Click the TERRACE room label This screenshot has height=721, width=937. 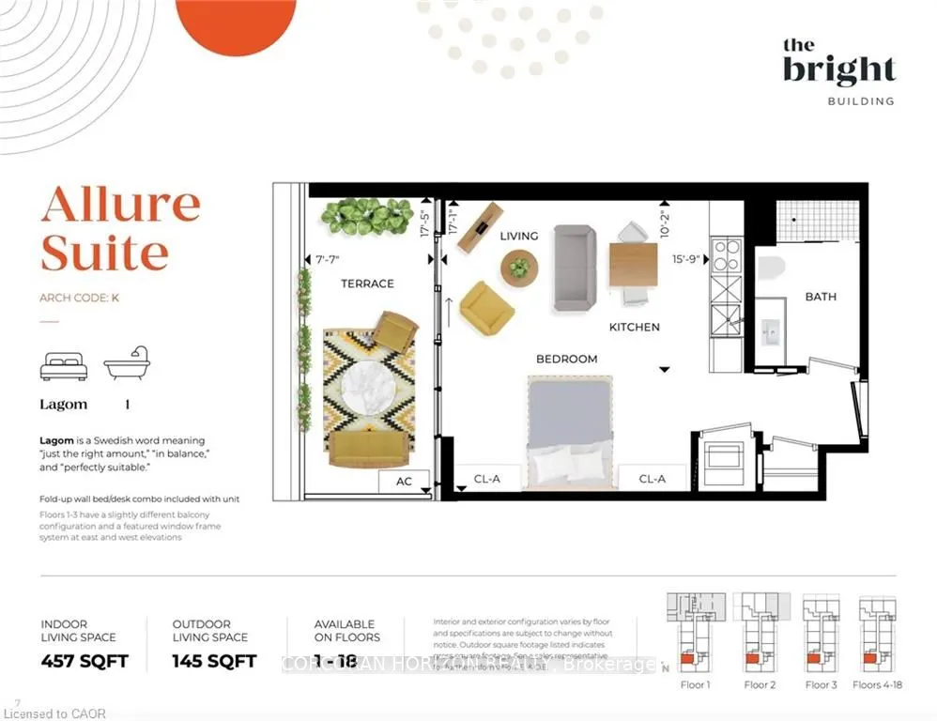367,284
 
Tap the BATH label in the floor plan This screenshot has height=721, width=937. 820,297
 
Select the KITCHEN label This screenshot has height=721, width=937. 635,328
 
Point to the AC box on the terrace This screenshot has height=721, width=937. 404,482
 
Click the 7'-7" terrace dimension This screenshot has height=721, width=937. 328,260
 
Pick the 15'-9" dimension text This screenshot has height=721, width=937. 687,259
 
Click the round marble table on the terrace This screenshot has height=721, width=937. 368,393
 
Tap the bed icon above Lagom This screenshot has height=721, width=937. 64,366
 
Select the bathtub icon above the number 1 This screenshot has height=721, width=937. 127,364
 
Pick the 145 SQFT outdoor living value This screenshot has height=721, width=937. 214,661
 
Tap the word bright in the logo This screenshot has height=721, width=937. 839,70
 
